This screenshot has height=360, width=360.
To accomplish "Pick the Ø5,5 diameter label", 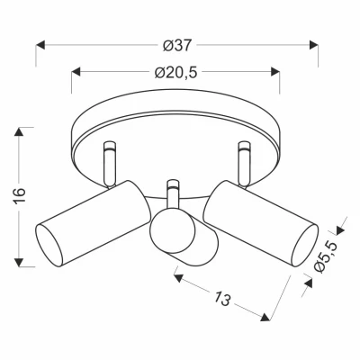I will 331,255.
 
